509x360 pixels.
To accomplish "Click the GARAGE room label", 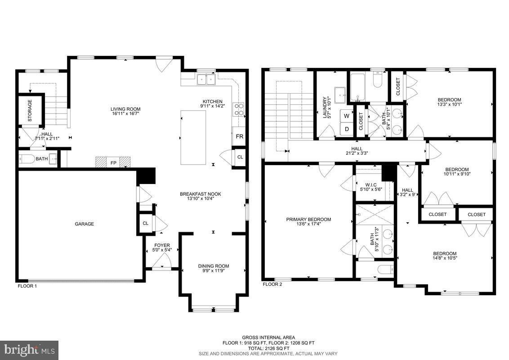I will [x=85, y=224].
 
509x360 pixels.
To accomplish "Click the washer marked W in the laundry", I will [x=346, y=116].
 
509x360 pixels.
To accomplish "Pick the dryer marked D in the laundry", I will [x=346, y=129].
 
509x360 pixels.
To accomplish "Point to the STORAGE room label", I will [x=30, y=110].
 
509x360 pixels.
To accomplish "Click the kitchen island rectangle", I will [x=193, y=137].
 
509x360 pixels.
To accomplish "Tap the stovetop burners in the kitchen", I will [x=238, y=110].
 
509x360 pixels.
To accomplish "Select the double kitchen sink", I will [x=207, y=80].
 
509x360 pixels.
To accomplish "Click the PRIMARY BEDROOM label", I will [x=308, y=220].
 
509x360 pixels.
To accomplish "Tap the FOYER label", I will [x=162, y=245].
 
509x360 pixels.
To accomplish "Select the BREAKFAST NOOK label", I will [x=200, y=194].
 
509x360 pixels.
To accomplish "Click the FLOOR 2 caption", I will [x=272, y=284].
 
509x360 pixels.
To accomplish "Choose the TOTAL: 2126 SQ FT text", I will [x=268, y=348].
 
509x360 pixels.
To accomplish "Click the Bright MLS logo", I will [x=29, y=349].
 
